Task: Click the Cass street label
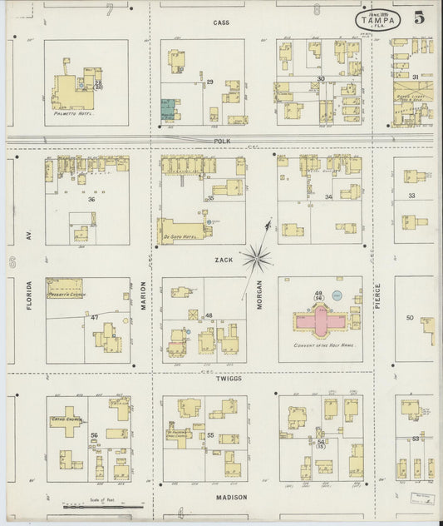[x=220, y=22]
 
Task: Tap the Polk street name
[x=220, y=141]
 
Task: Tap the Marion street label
[x=143, y=295]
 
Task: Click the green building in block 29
[x=168, y=109]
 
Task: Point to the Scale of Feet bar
[x=103, y=505]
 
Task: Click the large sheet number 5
[x=418, y=17]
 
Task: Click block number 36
[x=91, y=200]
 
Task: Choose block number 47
[x=94, y=318]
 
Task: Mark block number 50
[x=410, y=318]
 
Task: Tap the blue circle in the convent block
[x=337, y=295]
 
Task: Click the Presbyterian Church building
[x=64, y=288]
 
